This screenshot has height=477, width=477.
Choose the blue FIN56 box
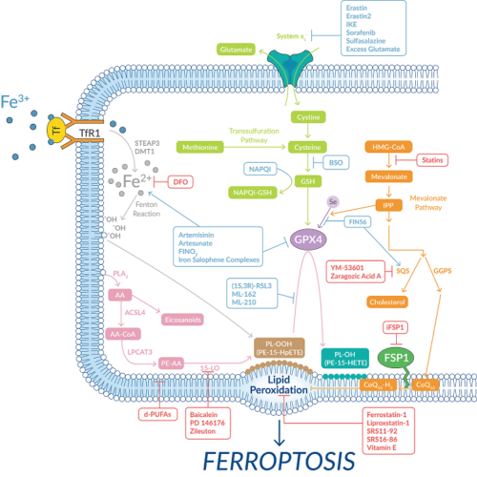359,221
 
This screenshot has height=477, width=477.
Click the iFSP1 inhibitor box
394,327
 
